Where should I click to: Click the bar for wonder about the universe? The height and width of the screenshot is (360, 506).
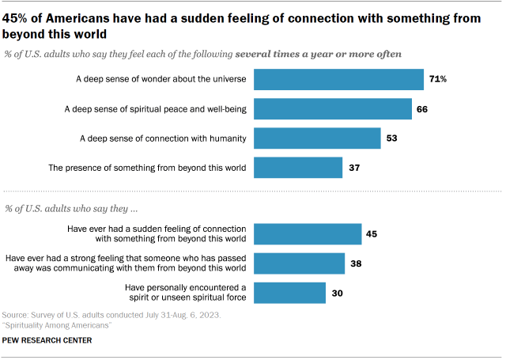[339, 80]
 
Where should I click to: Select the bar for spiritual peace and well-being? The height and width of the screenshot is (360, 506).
[333, 109]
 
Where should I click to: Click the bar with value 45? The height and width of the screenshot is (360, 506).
[308, 233]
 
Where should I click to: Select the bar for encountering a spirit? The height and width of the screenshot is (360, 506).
[290, 292]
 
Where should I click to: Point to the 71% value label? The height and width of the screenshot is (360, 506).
[438, 80]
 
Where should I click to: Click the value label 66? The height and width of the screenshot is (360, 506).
[422, 109]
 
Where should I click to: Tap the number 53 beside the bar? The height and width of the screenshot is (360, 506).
[392, 138]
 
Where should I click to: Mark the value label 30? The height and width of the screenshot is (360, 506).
[337, 292]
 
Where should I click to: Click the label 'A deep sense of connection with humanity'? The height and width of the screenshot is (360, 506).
[164, 138]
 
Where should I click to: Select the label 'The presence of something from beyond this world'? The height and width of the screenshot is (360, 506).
[148, 168]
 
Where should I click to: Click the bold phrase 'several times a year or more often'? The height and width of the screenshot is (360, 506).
[317, 53]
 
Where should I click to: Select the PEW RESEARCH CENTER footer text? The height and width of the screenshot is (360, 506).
[47, 340]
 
